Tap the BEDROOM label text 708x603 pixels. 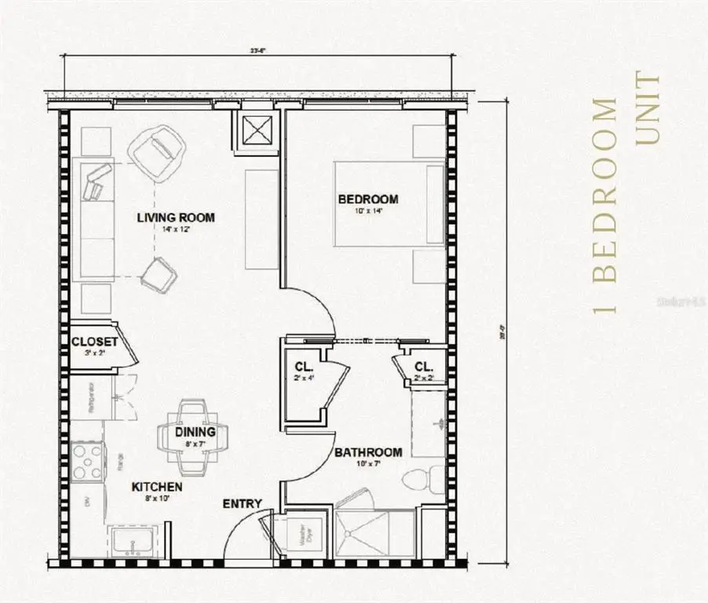(367, 199)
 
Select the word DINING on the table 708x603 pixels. (192, 431)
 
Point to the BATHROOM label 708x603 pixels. (368, 452)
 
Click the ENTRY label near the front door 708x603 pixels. (243, 503)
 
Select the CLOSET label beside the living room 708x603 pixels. (94, 342)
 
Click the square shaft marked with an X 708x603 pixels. (257, 129)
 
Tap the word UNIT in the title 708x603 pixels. (648, 109)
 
